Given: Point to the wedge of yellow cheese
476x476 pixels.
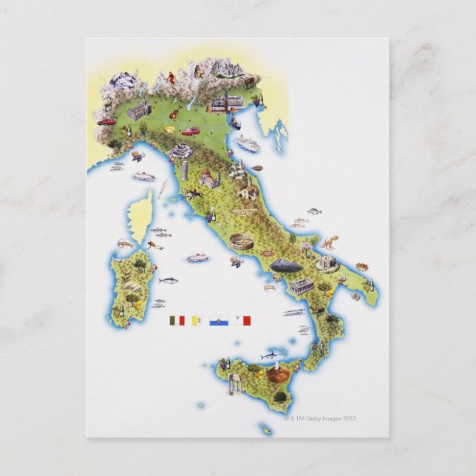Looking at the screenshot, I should pyautogui.click(x=171, y=130).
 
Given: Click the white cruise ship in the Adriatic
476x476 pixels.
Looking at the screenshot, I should pyautogui.click(x=248, y=144).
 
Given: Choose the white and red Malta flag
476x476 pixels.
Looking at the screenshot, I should pyautogui.click(x=242, y=321).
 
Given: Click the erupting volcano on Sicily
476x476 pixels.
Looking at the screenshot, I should pyautogui.click(x=279, y=375).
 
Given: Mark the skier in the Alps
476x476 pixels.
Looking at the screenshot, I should pyautogui.click(x=171, y=76).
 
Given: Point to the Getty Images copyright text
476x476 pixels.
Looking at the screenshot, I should pyautogui.click(x=321, y=418).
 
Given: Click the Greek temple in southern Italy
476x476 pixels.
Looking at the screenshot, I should pyautogui.click(x=301, y=285).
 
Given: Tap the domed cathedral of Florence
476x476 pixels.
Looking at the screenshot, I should pyautogui.click(x=210, y=178).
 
